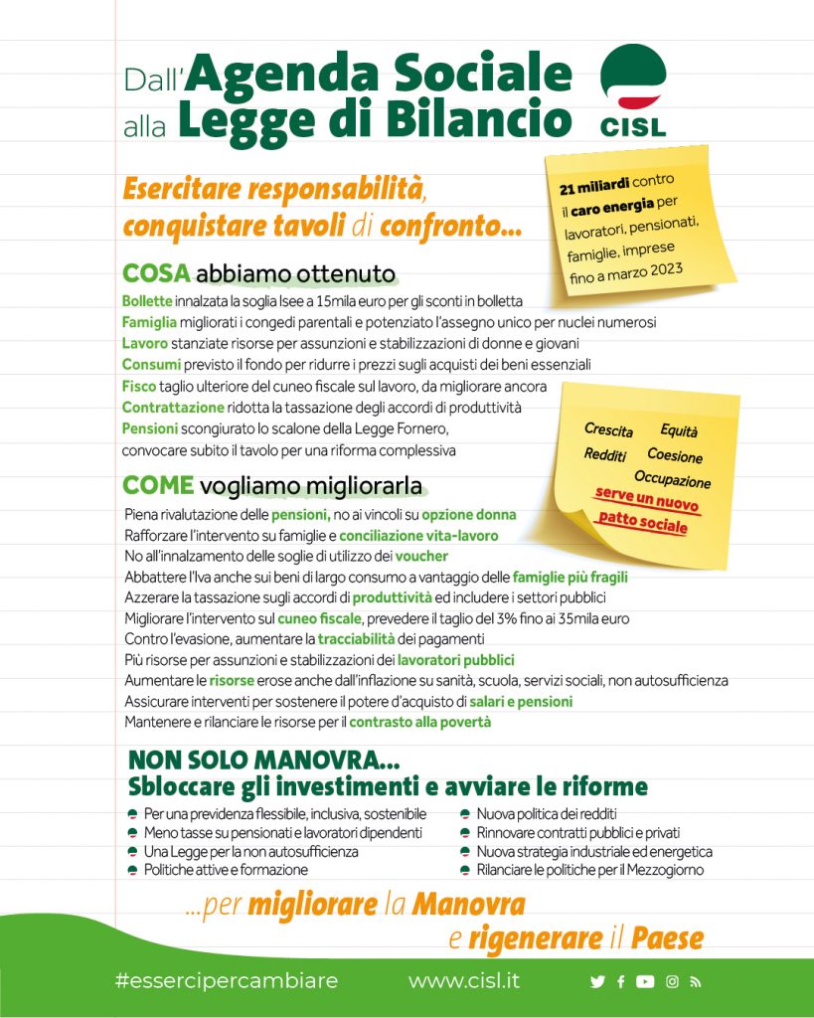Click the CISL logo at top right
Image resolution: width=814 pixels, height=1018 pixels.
(x=634, y=89)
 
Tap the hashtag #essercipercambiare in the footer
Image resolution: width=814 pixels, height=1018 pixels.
(x=227, y=981)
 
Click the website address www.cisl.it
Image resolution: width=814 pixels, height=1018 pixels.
(x=463, y=981)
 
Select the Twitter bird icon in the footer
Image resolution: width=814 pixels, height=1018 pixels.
(x=597, y=982)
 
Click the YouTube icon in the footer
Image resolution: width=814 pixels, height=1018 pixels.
(x=645, y=982)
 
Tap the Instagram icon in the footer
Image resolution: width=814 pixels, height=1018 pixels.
(x=672, y=982)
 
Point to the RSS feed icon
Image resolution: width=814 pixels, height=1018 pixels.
(x=696, y=982)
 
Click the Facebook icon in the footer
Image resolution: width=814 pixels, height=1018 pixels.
(x=621, y=982)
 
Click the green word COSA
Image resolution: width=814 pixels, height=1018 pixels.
(x=156, y=273)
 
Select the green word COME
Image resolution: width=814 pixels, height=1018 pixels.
(x=157, y=486)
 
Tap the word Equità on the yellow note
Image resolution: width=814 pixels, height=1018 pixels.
(x=679, y=430)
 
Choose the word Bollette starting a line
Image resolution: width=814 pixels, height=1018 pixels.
(x=147, y=301)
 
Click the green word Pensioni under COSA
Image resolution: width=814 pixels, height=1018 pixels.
(x=150, y=428)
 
